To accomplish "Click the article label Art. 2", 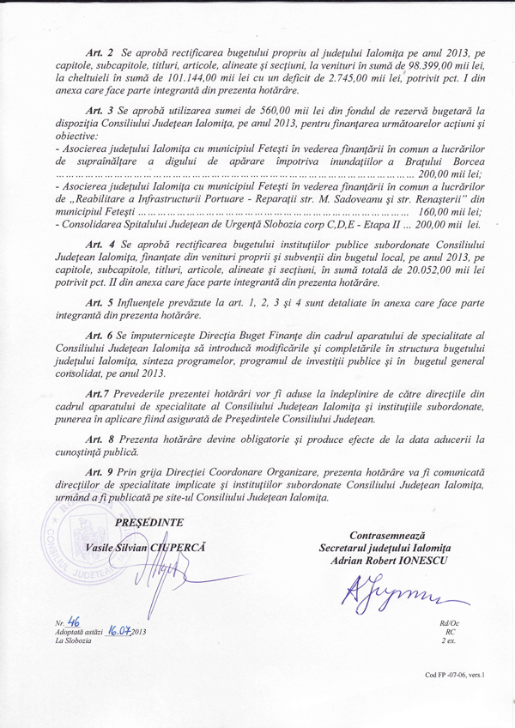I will (99, 54).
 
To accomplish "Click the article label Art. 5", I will (99, 304).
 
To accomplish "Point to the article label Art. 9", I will (99, 473).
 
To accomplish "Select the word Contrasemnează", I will (391, 536).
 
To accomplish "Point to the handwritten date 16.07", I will (118, 634).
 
